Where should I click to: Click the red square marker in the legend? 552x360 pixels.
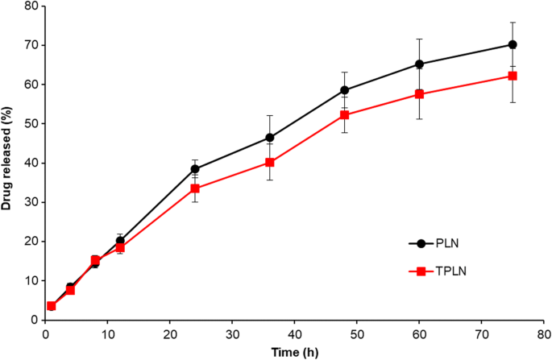coord(421,271)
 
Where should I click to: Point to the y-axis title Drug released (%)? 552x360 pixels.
coord(7,162)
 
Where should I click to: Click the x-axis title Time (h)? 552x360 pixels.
coord(294,352)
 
